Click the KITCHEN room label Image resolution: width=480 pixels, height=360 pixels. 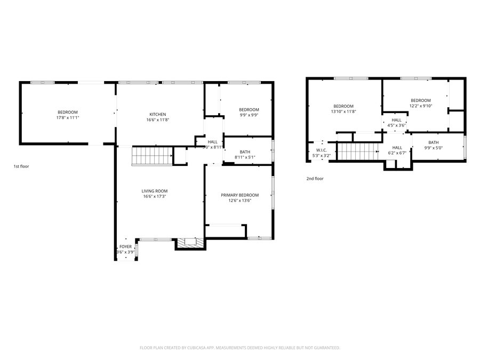pyautogui.click(x=157, y=114)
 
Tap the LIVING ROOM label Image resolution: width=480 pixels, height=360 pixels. pyautogui.click(x=155, y=191)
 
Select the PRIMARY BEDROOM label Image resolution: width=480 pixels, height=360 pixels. pyautogui.click(x=239, y=195)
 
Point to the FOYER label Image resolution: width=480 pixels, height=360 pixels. pyautogui.click(x=125, y=246)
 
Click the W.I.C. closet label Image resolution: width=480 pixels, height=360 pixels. pyautogui.click(x=321, y=150)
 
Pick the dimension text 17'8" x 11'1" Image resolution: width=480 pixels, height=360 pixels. pyautogui.click(x=68, y=117)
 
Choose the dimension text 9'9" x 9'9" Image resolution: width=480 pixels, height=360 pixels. pyautogui.click(x=249, y=115)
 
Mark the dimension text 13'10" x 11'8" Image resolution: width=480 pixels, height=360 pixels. pyautogui.click(x=343, y=111)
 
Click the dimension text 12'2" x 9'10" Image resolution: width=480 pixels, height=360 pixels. pyautogui.click(x=420, y=106)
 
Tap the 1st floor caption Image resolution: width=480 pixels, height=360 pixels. pyautogui.click(x=21, y=166)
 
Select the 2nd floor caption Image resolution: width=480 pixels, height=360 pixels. pyautogui.click(x=315, y=179)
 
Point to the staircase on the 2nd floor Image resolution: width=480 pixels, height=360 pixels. pyautogui.click(x=357, y=151)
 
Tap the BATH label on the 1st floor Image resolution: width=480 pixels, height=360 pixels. pyautogui.click(x=245, y=152)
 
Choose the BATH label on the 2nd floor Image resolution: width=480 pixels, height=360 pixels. pyautogui.click(x=433, y=142)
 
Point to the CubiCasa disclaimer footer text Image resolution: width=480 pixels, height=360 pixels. pyautogui.click(x=239, y=348)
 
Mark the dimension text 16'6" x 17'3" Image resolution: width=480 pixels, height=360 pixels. pyautogui.click(x=155, y=196)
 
